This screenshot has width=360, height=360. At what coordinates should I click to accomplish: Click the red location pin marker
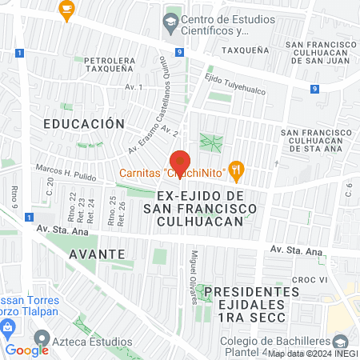178,161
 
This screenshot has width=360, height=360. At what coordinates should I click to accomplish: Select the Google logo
27,350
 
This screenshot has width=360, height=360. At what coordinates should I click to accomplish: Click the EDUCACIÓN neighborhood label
84,124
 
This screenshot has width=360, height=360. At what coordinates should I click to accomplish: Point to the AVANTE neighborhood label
96,254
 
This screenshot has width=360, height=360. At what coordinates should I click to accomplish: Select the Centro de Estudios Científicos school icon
170,20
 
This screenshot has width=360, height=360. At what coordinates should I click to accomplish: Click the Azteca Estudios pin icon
42,339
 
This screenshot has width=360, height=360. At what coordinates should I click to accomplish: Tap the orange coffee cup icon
66,10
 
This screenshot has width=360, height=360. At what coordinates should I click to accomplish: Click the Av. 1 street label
133,86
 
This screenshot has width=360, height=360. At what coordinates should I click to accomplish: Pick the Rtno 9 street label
15,194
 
